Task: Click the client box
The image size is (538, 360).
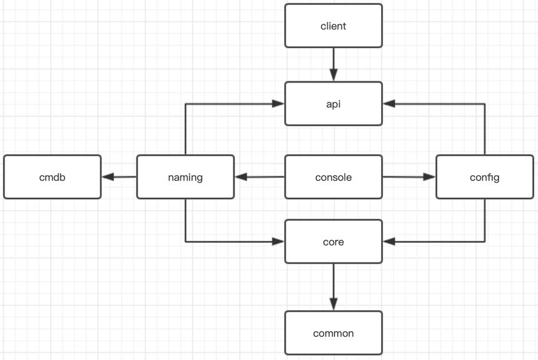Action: (333, 26)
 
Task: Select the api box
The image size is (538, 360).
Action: (333, 104)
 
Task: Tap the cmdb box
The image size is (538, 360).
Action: (53, 177)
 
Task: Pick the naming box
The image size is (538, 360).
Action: (186, 177)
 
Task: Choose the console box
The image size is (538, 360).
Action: (333, 177)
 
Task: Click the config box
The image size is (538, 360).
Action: (485, 177)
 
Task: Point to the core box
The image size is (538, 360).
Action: (333, 242)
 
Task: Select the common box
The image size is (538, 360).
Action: (333, 333)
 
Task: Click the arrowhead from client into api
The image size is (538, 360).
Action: (333, 75)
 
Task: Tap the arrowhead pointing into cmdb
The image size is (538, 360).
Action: (108, 177)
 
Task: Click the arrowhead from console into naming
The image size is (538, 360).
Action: (241, 177)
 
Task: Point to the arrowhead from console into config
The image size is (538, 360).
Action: (429, 177)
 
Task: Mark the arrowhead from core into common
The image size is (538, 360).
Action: (333, 304)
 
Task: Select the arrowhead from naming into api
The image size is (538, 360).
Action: (278, 104)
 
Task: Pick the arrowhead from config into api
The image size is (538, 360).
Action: (389, 104)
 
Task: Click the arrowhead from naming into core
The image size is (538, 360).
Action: (278, 242)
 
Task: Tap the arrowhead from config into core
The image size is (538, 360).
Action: (389, 242)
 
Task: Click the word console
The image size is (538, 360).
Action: (333, 177)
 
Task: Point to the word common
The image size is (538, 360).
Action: (333, 333)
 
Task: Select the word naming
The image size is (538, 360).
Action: (186, 178)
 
